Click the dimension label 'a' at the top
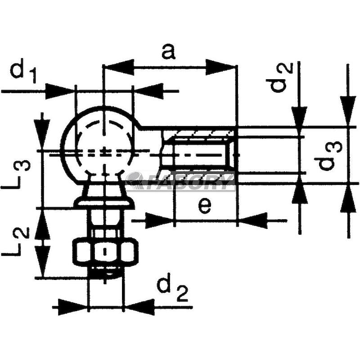click(x=168, y=52)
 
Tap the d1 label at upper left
click(x=23, y=71)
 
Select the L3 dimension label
click(x=16, y=174)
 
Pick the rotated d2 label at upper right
click(x=279, y=77)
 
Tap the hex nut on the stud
click(x=105, y=252)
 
